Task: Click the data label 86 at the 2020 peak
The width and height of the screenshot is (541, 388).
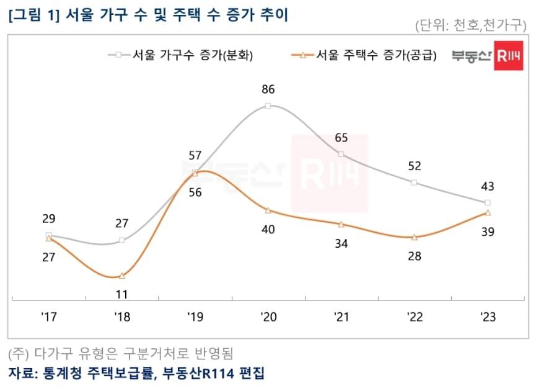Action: [268, 89]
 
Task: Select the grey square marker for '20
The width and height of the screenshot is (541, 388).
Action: [268, 106]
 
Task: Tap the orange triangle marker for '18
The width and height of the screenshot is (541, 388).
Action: [122, 276]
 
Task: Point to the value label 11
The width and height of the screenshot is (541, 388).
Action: [122, 294]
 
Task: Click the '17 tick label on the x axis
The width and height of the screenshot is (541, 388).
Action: [49, 317]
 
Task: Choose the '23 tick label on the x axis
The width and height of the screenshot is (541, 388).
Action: [488, 317]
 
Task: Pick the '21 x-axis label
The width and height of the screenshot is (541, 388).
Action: [341, 317]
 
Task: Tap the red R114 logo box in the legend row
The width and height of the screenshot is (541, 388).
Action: [508, 56]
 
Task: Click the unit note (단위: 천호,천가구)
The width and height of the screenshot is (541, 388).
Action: [470, 25]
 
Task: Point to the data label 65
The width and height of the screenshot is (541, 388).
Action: [341, 138]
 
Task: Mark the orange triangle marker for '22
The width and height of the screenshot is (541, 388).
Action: [415, 237]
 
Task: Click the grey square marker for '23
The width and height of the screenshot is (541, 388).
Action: [488, 203]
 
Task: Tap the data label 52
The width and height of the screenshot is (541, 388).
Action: [415, 166]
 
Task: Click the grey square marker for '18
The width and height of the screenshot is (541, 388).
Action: [122, 240]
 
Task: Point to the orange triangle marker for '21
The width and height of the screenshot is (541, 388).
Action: [341, 224]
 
